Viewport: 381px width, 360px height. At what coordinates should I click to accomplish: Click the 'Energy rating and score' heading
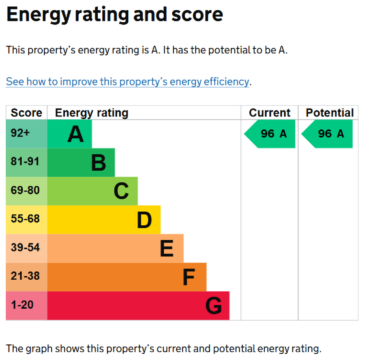[x=115, y=14]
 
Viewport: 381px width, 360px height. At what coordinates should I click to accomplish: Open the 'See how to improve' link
[x=127, y=81]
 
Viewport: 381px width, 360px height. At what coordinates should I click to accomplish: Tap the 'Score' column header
[x=26, y=113]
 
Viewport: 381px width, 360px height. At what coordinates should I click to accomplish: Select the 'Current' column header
[x=269, y=113]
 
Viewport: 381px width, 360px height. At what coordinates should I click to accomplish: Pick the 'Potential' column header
[x=329, y=113]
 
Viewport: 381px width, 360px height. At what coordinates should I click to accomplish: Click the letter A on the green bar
[x=76, y=134]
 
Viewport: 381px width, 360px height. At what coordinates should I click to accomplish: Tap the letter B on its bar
[x=99, y=163]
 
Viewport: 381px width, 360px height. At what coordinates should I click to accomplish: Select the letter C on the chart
[x=121, y=191]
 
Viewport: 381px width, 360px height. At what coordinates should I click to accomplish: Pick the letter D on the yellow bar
[x=144, y=220]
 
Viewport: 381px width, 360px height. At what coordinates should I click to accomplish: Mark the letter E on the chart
[x=167, y=248]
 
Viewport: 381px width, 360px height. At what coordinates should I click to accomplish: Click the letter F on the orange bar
[x=189, y=277]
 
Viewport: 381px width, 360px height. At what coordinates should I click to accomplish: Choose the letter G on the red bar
[x=214, y=306]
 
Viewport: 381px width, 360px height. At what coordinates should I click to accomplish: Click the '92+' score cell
[x=20, y=133]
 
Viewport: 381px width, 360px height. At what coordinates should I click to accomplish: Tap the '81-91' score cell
[x=25, y=162]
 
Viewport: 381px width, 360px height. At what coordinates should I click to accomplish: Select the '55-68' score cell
[x=25, y=219]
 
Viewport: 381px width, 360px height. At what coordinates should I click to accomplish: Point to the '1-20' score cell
[x=22, y=305]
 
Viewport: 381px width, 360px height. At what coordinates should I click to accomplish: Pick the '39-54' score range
[x=25, y=247]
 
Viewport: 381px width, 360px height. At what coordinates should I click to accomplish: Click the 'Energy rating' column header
[x=92, y=113]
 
